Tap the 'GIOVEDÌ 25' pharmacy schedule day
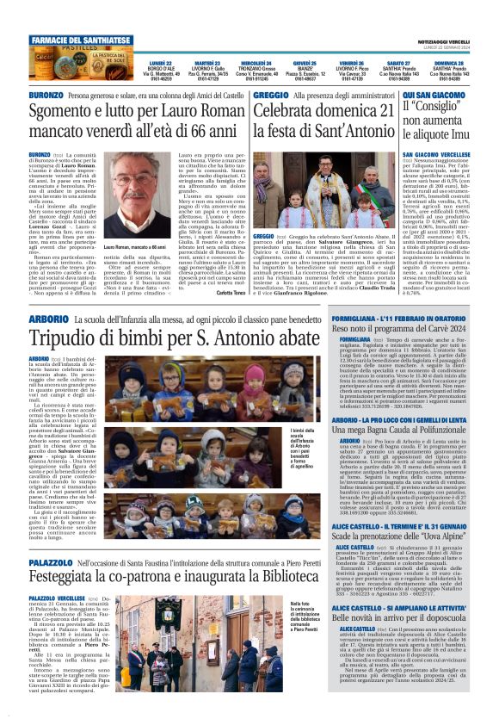point(304,64)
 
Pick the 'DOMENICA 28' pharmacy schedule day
point(447,64)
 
